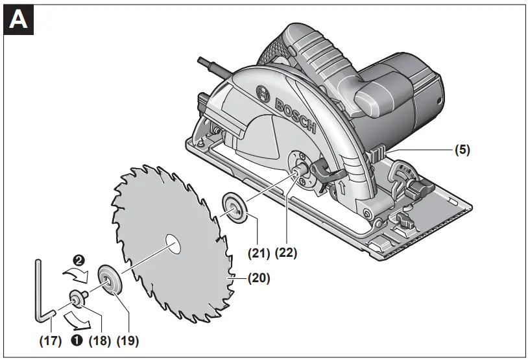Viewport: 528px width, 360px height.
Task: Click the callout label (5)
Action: (x=461, y=150)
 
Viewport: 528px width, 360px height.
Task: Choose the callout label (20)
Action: (x=258, y=279)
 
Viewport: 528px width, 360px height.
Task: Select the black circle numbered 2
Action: (x=79, y=259)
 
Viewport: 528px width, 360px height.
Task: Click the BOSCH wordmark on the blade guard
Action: (x=295, y=117)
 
